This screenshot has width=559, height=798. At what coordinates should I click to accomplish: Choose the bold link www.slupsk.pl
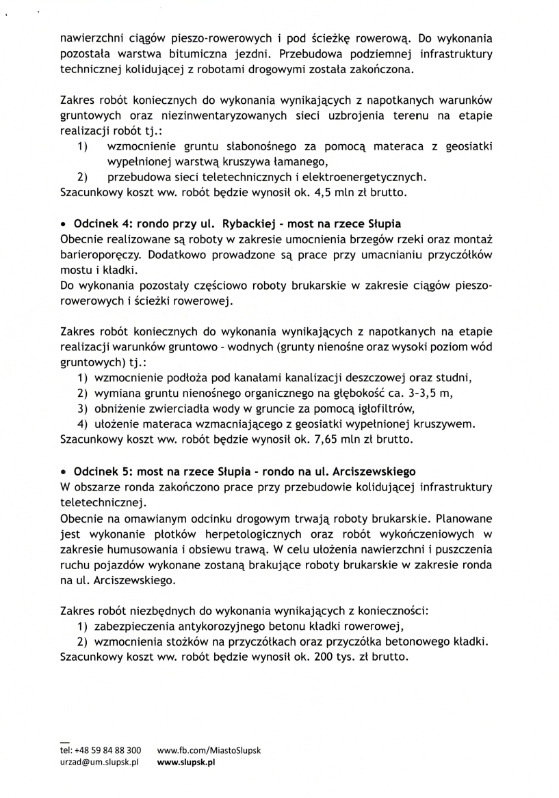click(186, 762)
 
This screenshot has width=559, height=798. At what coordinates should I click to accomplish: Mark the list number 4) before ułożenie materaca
click(82, 424)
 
